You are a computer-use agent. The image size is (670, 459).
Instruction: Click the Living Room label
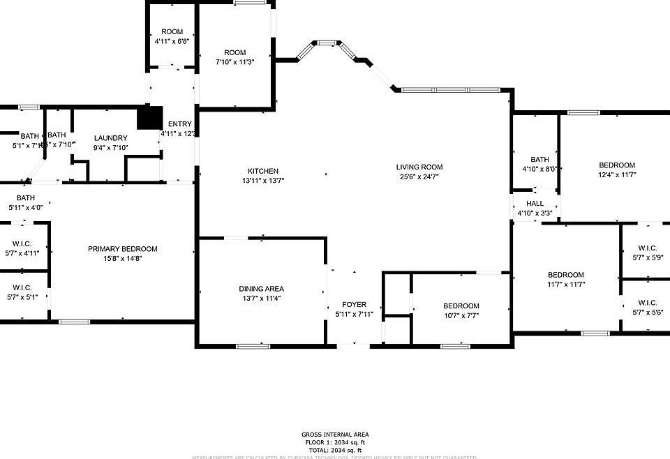(419, 167)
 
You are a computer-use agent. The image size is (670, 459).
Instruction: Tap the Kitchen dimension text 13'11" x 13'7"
(263, 181)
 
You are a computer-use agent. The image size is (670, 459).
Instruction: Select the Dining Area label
(262, 289)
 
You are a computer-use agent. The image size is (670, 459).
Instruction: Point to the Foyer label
(354, 305)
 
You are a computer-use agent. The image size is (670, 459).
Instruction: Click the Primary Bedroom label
(122, 249)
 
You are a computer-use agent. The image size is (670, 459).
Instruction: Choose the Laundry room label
(110, 138)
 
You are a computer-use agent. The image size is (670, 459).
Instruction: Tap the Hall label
(535, 204)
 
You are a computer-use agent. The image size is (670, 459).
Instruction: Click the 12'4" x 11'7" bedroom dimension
(617, 175)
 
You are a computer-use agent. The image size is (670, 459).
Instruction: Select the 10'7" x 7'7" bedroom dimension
(461, 315)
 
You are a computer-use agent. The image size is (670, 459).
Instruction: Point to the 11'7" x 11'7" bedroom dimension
(565, 285)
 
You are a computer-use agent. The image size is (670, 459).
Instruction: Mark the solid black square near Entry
(149, 117)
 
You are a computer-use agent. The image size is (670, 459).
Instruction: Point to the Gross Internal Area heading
(335, 435)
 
